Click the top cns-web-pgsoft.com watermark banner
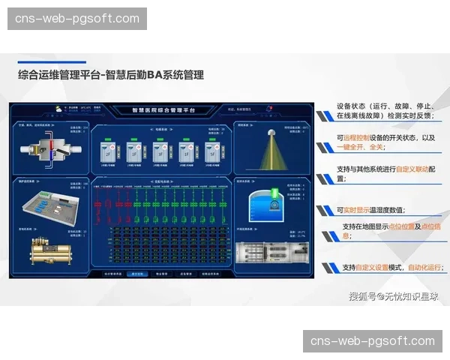tap(78, 18)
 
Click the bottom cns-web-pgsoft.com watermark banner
tap(373, 341)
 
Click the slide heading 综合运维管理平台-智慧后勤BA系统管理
tap(110, 75)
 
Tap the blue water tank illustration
tap(273, 200)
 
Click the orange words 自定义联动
tap(412, 169)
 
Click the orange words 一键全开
tap(351, 147)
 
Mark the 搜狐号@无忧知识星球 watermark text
tap(393, 295)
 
